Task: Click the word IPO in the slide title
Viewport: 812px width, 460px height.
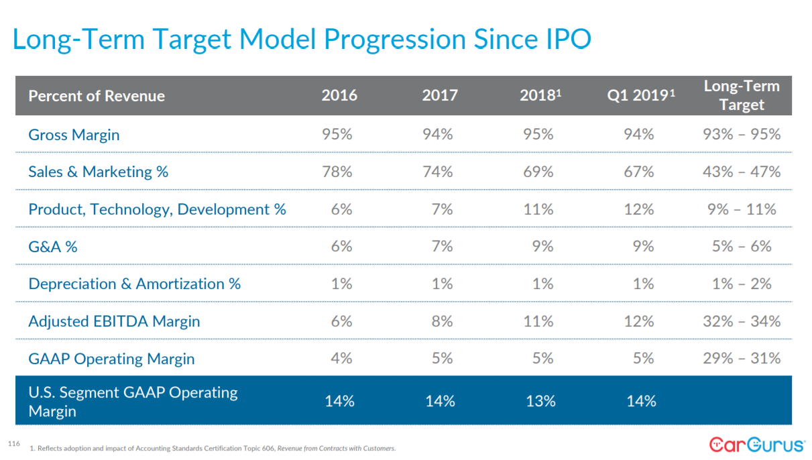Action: point(564,40)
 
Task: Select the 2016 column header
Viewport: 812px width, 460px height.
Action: point(339,95)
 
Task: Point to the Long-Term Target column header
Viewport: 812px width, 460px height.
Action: point(742,95)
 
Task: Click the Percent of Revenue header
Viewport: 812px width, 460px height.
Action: point(97,96)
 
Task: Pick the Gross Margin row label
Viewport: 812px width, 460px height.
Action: point(74,135)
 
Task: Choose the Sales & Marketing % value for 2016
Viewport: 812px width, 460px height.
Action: point(337,172)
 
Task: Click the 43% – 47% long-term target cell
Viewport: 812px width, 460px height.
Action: point(742,172)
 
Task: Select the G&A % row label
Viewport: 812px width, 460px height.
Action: point(52,247)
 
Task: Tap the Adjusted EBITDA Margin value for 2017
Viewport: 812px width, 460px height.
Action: point(442,321)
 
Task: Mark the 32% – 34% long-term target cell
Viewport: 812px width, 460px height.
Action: point(742,321)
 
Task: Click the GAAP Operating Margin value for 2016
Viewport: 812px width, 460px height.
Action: point(341,358)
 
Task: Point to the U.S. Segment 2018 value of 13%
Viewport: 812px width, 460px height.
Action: point(540,401)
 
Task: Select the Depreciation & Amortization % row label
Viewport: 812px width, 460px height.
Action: point(134,284)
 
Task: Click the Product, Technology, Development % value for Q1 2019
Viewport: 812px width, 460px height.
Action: point(639,209)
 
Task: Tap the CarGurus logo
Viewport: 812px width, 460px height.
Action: point(757,445)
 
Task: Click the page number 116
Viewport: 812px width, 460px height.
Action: point(13,444)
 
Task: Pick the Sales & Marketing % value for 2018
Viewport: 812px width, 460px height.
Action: point(538,172)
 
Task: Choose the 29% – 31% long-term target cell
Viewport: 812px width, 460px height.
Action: point(742,358)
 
